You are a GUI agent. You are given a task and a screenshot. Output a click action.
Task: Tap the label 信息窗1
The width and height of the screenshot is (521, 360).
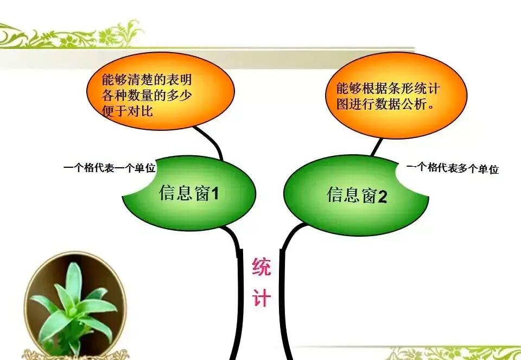coord(189,193)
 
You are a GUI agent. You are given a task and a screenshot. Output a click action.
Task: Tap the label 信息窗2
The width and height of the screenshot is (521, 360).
coord(357,195)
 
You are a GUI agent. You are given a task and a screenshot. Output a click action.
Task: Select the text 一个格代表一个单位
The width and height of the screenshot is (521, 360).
coord(109,168)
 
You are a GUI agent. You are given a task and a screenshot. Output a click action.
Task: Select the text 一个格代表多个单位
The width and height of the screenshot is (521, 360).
coord(452,168)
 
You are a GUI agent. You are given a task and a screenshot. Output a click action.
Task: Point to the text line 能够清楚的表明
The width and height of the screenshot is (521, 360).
coord(147,80)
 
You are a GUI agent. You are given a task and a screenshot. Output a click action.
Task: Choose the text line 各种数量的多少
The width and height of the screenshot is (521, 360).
coord(147,96)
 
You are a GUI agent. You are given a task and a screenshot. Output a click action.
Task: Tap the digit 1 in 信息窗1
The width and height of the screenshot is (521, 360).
coord(214,193)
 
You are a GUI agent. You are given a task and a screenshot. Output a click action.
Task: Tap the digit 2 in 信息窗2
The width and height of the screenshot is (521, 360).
coord(383,196)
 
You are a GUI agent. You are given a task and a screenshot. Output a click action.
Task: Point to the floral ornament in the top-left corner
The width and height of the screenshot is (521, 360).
coord(65,35)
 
